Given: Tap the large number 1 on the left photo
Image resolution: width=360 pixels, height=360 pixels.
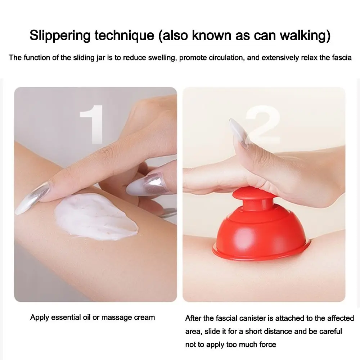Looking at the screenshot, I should [x=92, y=124].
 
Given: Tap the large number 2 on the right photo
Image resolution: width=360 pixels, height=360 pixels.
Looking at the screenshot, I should [x=263, y=124].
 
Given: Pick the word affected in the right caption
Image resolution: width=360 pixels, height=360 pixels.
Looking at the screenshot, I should [x=340, y=318].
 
